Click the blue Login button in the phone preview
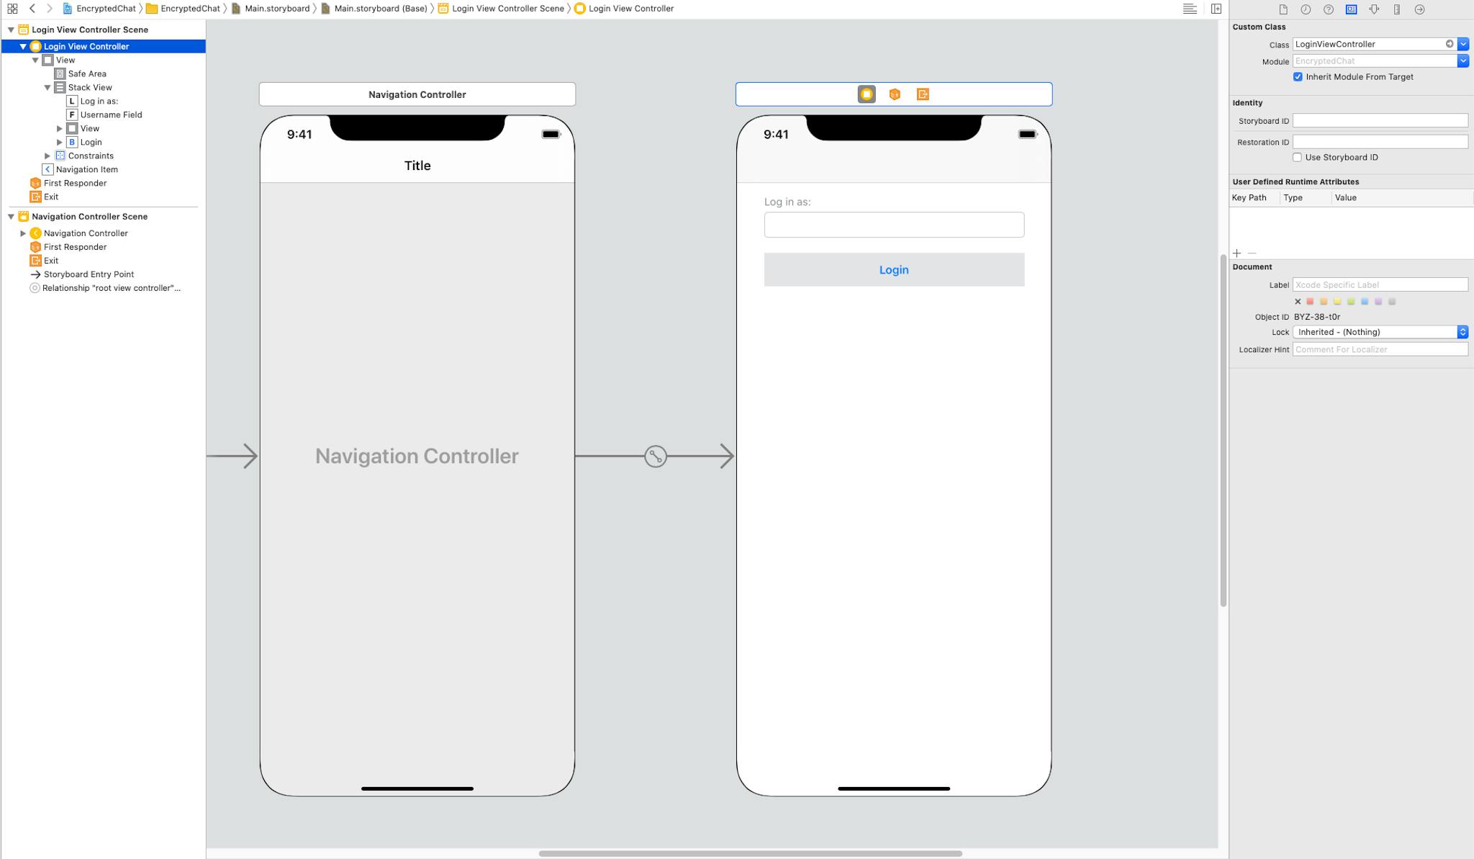[x=894, y=269]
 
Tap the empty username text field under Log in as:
[x=894, y=225]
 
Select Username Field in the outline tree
[x=111, y=114]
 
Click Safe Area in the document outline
[x=86, y=73]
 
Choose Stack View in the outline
[x=90, y=87]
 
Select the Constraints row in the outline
[x=91, y=156]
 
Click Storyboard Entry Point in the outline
[x=89, y=274]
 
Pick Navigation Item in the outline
[x=86, y=169]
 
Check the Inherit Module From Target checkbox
[x=1298, y=77]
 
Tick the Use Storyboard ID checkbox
[x=1297, y=158]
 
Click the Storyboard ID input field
[x=1380, y=121]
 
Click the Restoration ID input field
[x=1380, y=142]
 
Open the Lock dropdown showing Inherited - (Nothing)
[x=1380, y=332]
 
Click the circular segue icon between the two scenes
[x=656, y=456]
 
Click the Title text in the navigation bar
[x=417, y=166]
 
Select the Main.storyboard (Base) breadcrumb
[x=381, y=9]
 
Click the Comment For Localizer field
[x=1380, y=349]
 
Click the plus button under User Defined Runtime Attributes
[x=1236, y=253]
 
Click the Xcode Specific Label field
[x=1380, y=285]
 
